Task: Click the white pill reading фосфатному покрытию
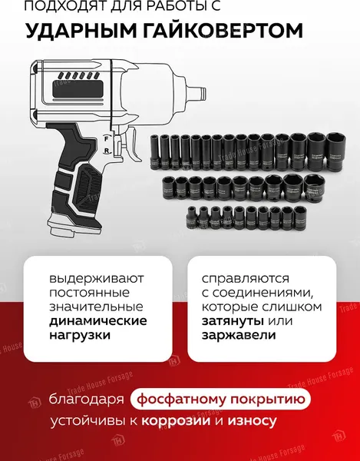coord(221,400)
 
